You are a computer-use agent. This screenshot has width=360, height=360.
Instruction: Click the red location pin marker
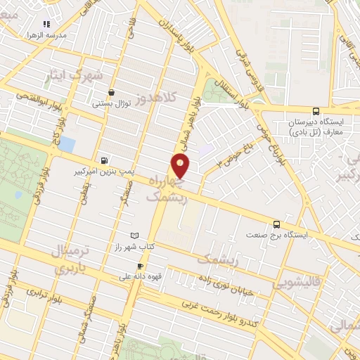tap(181, 166)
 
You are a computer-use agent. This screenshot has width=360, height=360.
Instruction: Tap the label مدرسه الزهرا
tap(46, 34)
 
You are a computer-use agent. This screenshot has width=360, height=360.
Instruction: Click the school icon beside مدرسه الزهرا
tap(46, 23)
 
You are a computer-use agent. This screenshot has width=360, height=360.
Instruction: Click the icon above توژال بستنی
tap(111, 92)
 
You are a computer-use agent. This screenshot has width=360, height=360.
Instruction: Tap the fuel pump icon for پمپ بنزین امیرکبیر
tap(105, 160)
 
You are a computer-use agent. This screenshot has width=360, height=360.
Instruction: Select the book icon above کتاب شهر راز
tap(136, 236)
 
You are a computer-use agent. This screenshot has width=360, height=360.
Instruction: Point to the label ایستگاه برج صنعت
tap(276, 236)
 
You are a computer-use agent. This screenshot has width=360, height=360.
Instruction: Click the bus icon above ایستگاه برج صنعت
tap(276, 224)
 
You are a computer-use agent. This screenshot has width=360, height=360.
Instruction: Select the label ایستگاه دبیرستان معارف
tap(315, 127)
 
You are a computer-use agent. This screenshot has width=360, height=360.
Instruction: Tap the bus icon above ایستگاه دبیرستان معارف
tap(316, 110)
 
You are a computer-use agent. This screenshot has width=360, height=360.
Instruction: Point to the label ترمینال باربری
tap(70, 259)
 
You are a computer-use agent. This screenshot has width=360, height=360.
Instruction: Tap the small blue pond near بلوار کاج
tap(67, 145)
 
